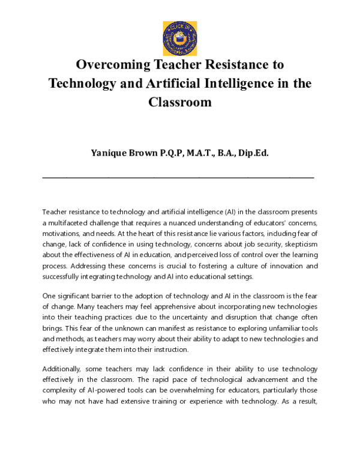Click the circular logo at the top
pyautogui.click(x=180, y=37)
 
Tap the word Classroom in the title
pyautogui.click(x=180, y=102)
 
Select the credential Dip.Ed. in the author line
pyautogui.click(x=253, y=153)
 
